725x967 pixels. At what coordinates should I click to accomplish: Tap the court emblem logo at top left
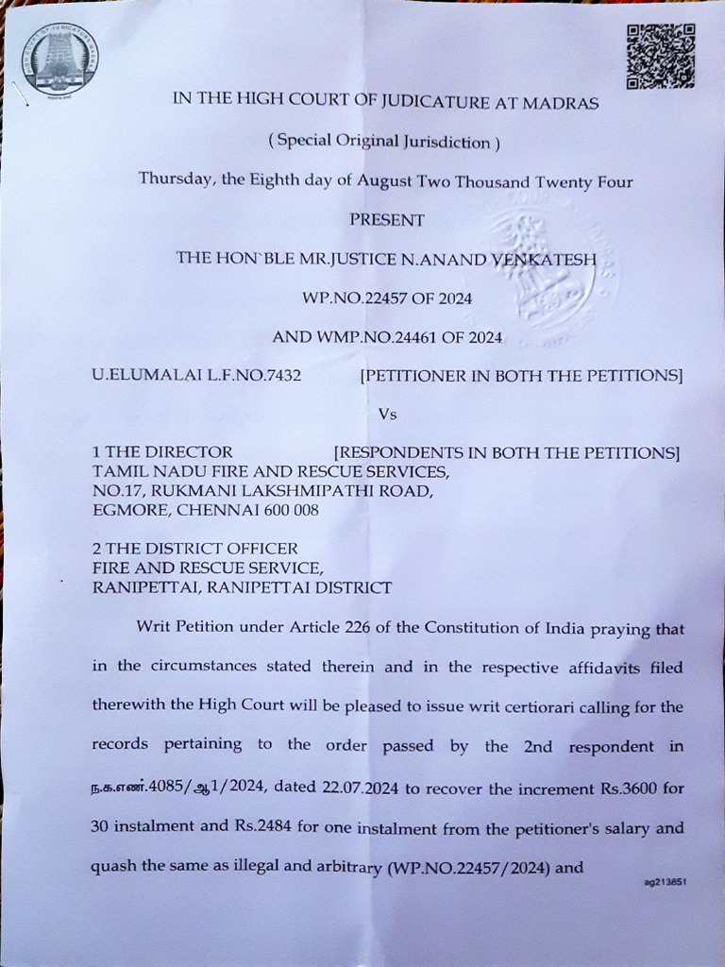[59, 59]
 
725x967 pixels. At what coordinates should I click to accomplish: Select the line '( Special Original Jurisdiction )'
[383, 142]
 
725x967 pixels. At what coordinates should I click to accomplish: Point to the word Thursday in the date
[176, 179]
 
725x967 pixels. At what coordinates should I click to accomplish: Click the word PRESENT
[387, 219]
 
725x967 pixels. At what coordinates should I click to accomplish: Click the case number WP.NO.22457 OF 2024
[386, 297]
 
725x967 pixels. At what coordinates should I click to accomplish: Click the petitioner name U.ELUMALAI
[136, 375]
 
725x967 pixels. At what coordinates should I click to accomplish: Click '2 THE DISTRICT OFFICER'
[194, 548]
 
